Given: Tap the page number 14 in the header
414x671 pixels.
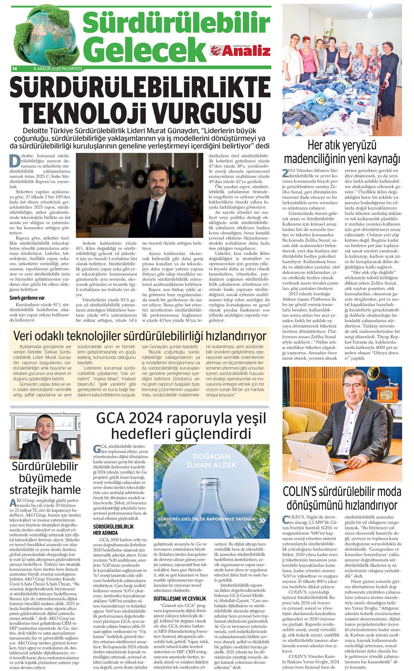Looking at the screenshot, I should pyautogui.click(x=14, y=68).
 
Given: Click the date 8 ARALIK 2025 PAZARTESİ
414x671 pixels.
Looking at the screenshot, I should pyautogui.click(x=58, y=68).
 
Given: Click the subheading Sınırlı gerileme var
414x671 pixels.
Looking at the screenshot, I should pyautogui.click(x=27, y=298).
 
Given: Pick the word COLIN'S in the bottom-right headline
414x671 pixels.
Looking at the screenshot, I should pyautogui.click(x=301, y=492).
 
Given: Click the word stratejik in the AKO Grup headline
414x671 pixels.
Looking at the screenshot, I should pyautogui.click(x=29, y=490).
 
